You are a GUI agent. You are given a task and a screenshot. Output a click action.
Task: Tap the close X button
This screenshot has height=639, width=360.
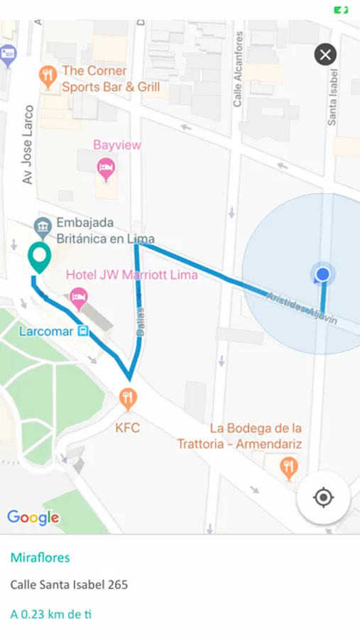(x=325, y=55)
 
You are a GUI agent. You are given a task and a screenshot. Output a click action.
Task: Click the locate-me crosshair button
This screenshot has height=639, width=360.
(x=323, y=498)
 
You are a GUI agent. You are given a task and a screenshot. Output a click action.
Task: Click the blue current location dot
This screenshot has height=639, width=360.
(x=323, y=274)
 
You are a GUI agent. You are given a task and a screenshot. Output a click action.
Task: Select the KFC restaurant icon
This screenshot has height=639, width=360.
(x=128, y=399)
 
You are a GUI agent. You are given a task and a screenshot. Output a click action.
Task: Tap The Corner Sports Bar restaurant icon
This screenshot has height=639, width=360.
(x=48, y=77)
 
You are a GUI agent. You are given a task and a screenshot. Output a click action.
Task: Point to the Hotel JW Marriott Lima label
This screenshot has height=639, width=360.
(x=131, y=275)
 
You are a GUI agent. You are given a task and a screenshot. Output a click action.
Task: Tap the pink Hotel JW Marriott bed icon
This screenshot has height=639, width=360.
(x=79, y=298)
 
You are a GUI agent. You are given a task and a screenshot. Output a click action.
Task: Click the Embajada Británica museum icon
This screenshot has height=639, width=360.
(x=43, y=227)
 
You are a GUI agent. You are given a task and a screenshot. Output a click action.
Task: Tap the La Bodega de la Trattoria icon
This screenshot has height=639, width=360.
(x=288, y=466)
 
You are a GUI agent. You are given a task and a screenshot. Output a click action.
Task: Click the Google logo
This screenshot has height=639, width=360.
(x=33, y=517)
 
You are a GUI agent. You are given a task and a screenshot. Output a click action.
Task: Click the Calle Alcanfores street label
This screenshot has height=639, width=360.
(x=239, y=70)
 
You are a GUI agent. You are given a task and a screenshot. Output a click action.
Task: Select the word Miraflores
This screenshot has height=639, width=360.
(x=40, y=557)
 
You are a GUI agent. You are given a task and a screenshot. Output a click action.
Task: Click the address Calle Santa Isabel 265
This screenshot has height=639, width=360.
(x=69, y=585)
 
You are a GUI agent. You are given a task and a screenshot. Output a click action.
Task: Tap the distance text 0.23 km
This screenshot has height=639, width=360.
(x=51, y=613)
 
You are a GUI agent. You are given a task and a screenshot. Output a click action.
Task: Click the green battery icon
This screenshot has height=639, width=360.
(x=342, y=10)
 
